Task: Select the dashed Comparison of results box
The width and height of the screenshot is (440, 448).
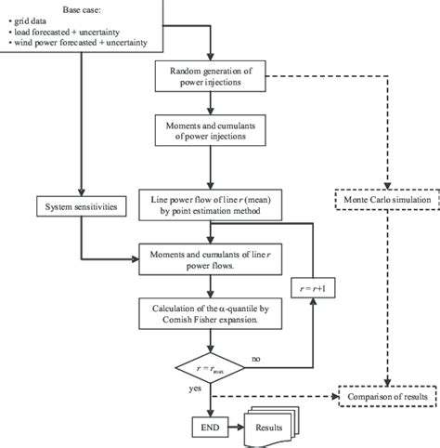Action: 385,396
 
